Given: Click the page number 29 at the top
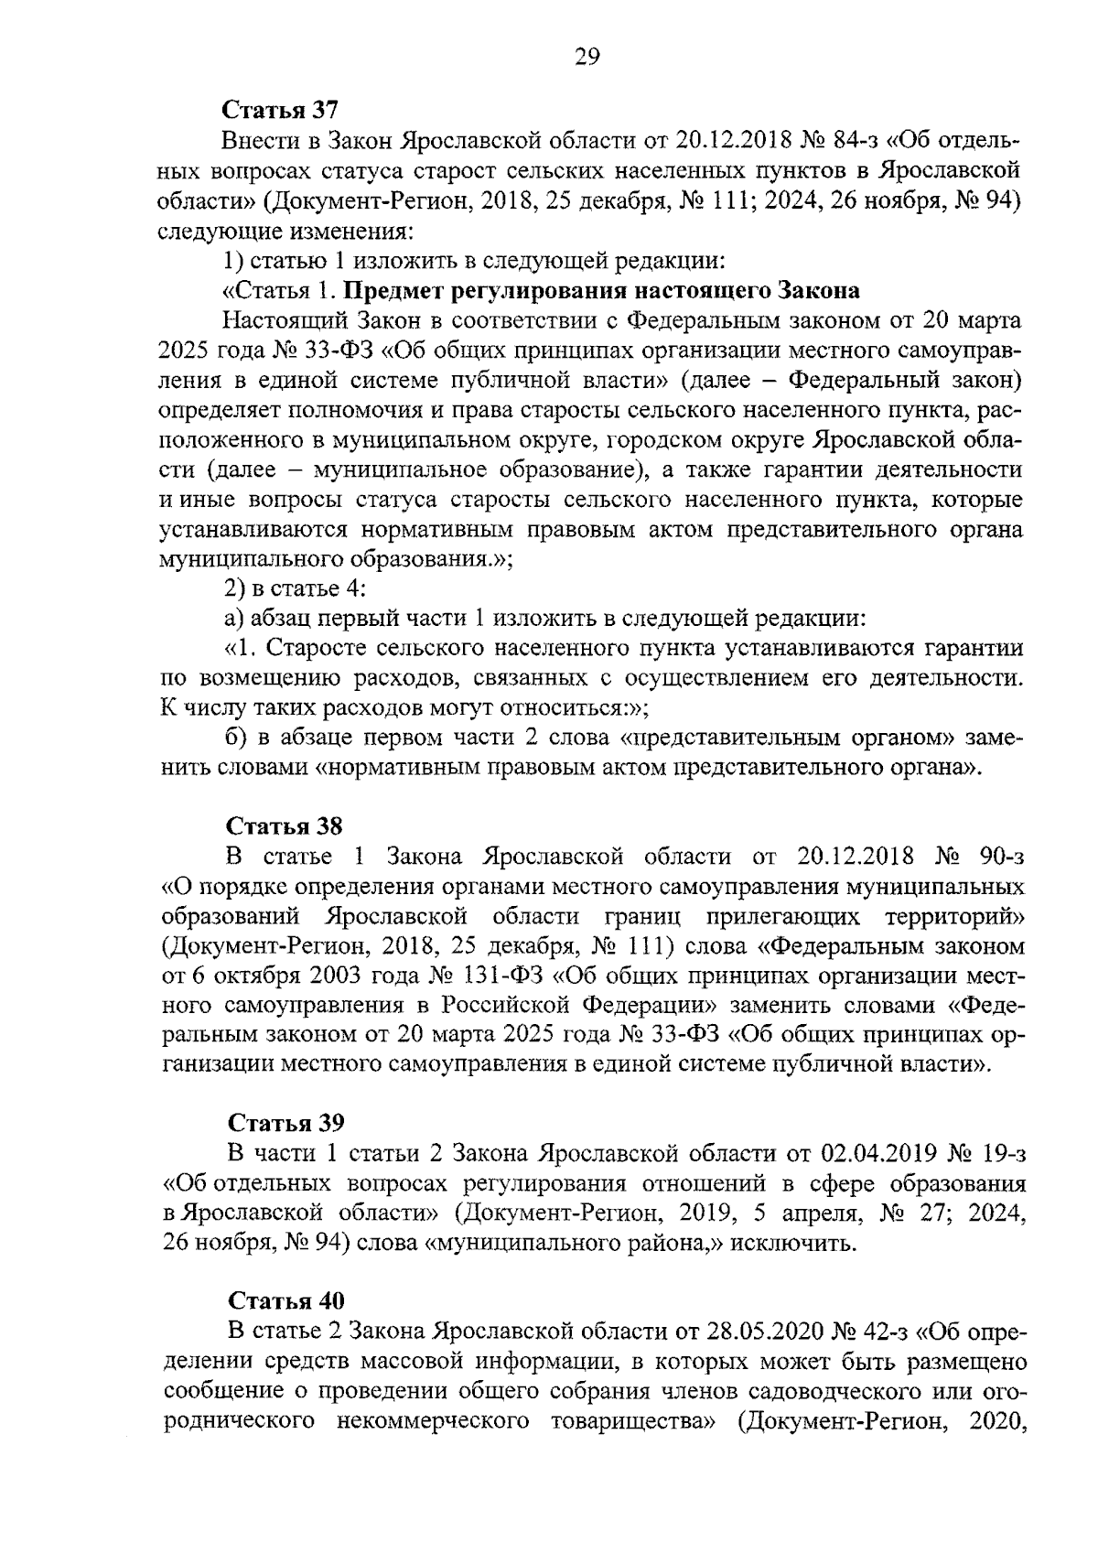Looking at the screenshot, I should pyautogui.click(x=587, y=59).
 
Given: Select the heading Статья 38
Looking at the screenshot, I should pyautogui.click(x=285, y=826).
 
